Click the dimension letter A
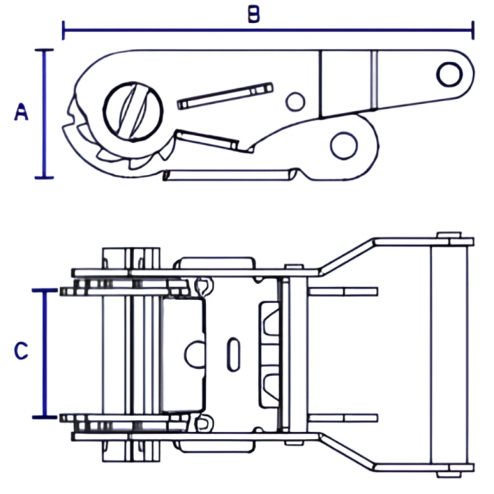(x=21, y=112)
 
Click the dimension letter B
(x=254, y=14)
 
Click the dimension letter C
(x=21, y=350)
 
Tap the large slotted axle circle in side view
(x=133, y=111)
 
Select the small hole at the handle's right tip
(x=450, y=75)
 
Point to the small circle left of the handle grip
(x=295, y=102)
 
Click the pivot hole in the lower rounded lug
(x=344, y=146)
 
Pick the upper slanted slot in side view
(x=225, y=96)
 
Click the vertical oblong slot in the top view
(x=233, y=354)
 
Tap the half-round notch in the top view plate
(x=195, y=354)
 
